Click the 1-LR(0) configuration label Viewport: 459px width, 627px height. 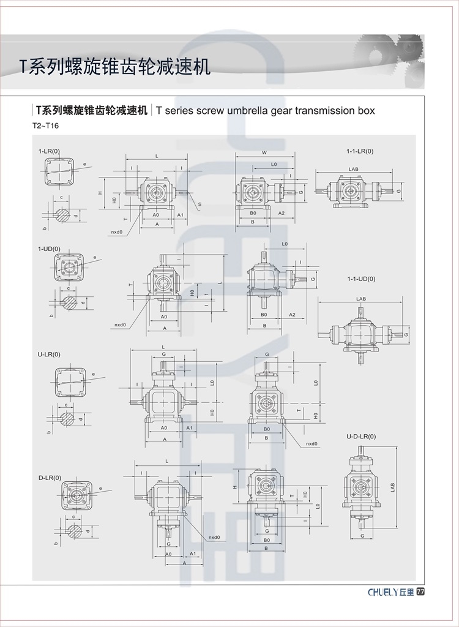coord(49,151)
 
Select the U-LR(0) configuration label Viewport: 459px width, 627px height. coord(49,354)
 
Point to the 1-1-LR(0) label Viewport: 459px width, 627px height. coord(359,151)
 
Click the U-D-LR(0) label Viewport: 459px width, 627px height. coord(361,436)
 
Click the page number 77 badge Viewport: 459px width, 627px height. coord(420,592)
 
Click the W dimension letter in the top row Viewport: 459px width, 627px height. coord(264,153)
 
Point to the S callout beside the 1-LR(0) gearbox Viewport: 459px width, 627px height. coord(200,204)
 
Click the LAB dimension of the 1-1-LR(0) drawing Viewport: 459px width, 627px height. coord(353,168)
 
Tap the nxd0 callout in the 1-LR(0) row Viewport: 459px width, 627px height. coord(117,232)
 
